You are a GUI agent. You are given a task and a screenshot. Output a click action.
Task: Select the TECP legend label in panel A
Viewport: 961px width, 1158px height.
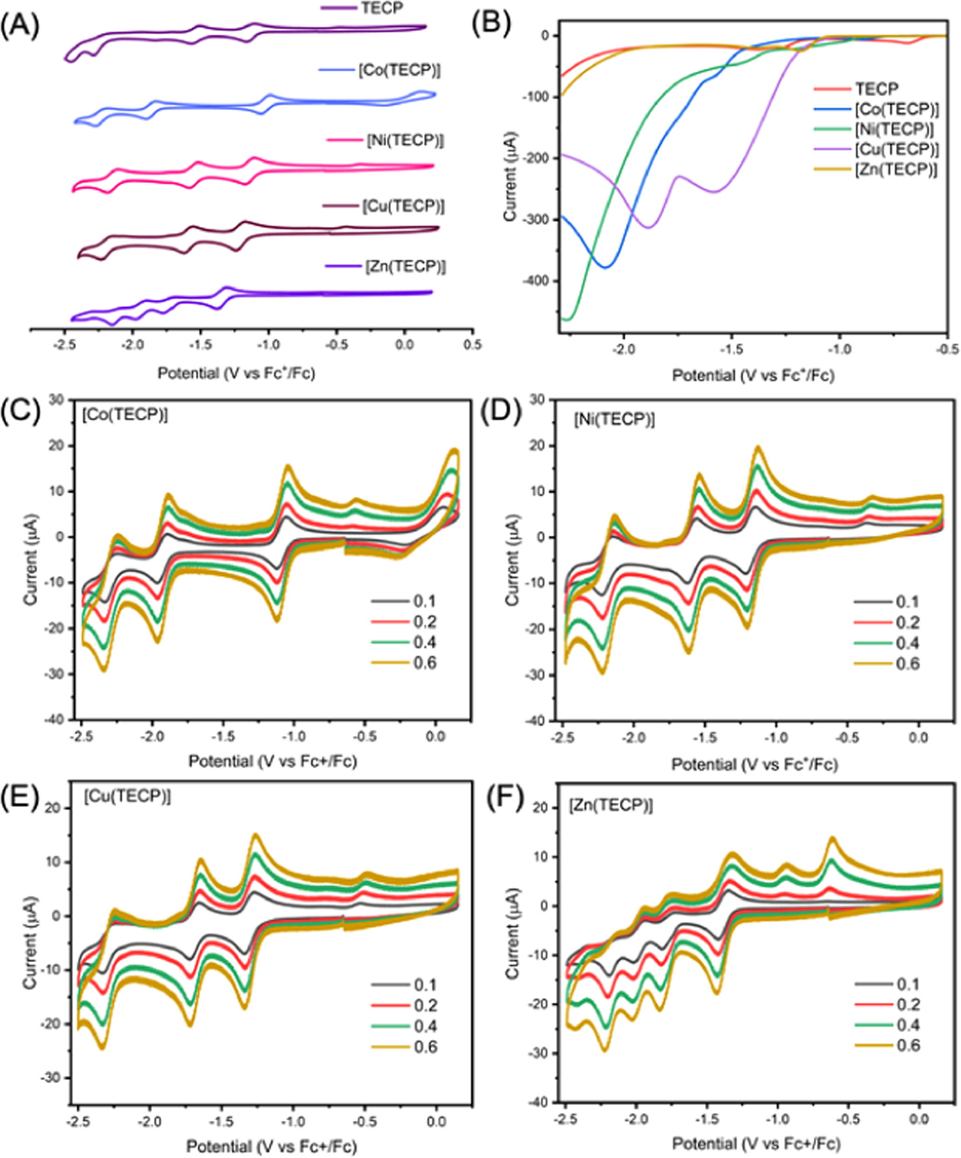coord(382,8)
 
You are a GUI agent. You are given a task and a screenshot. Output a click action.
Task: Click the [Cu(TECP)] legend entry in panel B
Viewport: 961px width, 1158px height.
coord(895,150)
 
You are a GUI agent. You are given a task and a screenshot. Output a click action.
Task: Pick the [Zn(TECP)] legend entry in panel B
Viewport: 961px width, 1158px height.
coord(895,170)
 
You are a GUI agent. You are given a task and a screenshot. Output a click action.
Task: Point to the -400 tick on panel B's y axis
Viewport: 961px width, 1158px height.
coord(534,281)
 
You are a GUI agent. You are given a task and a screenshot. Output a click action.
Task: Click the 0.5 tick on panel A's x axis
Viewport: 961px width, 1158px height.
coord(473,345)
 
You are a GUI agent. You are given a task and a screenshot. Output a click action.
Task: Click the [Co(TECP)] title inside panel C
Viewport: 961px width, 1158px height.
coord(125,415)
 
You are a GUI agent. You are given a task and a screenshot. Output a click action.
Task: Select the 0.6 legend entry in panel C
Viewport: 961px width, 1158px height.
coord(425,662)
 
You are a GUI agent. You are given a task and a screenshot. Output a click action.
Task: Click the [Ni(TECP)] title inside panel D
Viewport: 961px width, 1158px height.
coord(614,420)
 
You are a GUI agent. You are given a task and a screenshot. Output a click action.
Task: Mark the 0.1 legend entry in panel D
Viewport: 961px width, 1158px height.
coord(908,602)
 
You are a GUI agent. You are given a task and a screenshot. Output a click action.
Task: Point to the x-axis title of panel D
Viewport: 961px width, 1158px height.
coord(754,764)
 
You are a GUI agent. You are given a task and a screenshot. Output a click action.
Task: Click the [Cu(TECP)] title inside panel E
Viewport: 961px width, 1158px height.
coord(127,797)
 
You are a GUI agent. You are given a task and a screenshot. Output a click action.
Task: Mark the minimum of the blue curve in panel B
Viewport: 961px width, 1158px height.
coord(606,268)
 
